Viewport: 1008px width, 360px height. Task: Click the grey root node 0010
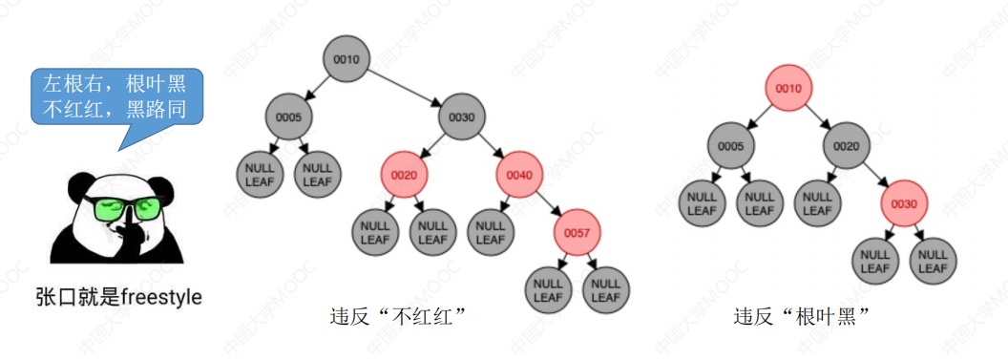click(346, 60)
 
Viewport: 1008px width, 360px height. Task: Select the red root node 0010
click(788, 88)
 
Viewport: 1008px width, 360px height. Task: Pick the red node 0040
click(519, 174)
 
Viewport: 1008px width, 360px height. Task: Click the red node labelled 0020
click(405, 174)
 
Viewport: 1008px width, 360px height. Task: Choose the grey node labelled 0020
click(847, 146)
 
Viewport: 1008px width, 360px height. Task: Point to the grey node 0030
click(462, 117)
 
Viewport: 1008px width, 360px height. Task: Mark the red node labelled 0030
click(904, 203)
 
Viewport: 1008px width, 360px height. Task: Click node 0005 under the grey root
click(289, 117)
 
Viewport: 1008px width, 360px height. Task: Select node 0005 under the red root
click(731, 146)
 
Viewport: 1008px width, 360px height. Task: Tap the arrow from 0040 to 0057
click(549, 203)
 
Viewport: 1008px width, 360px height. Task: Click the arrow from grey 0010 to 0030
click(405, 88)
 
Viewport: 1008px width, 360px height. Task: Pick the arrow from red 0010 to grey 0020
click(818, 117)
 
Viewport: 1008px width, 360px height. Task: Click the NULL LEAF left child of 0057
click(548, 289)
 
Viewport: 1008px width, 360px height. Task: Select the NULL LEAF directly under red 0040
click(492, 231)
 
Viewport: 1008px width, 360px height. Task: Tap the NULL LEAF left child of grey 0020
click(818, 203)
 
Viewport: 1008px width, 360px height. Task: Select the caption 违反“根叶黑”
click(802, 316)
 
